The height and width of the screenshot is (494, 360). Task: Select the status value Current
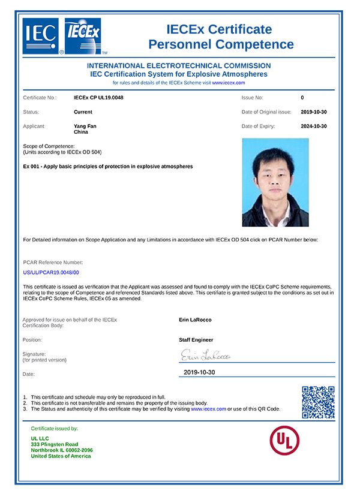tap(83, 112)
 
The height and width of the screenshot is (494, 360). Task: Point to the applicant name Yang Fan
tap(85, 126)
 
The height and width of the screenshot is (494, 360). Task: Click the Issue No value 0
tap(302, 97)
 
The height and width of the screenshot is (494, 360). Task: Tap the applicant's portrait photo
tap(275, 183)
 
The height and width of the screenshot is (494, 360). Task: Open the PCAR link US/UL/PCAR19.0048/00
tap(50, 273)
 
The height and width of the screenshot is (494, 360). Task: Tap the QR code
tap(317, 402)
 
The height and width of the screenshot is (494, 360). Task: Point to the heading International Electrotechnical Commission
tap(179, 65)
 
